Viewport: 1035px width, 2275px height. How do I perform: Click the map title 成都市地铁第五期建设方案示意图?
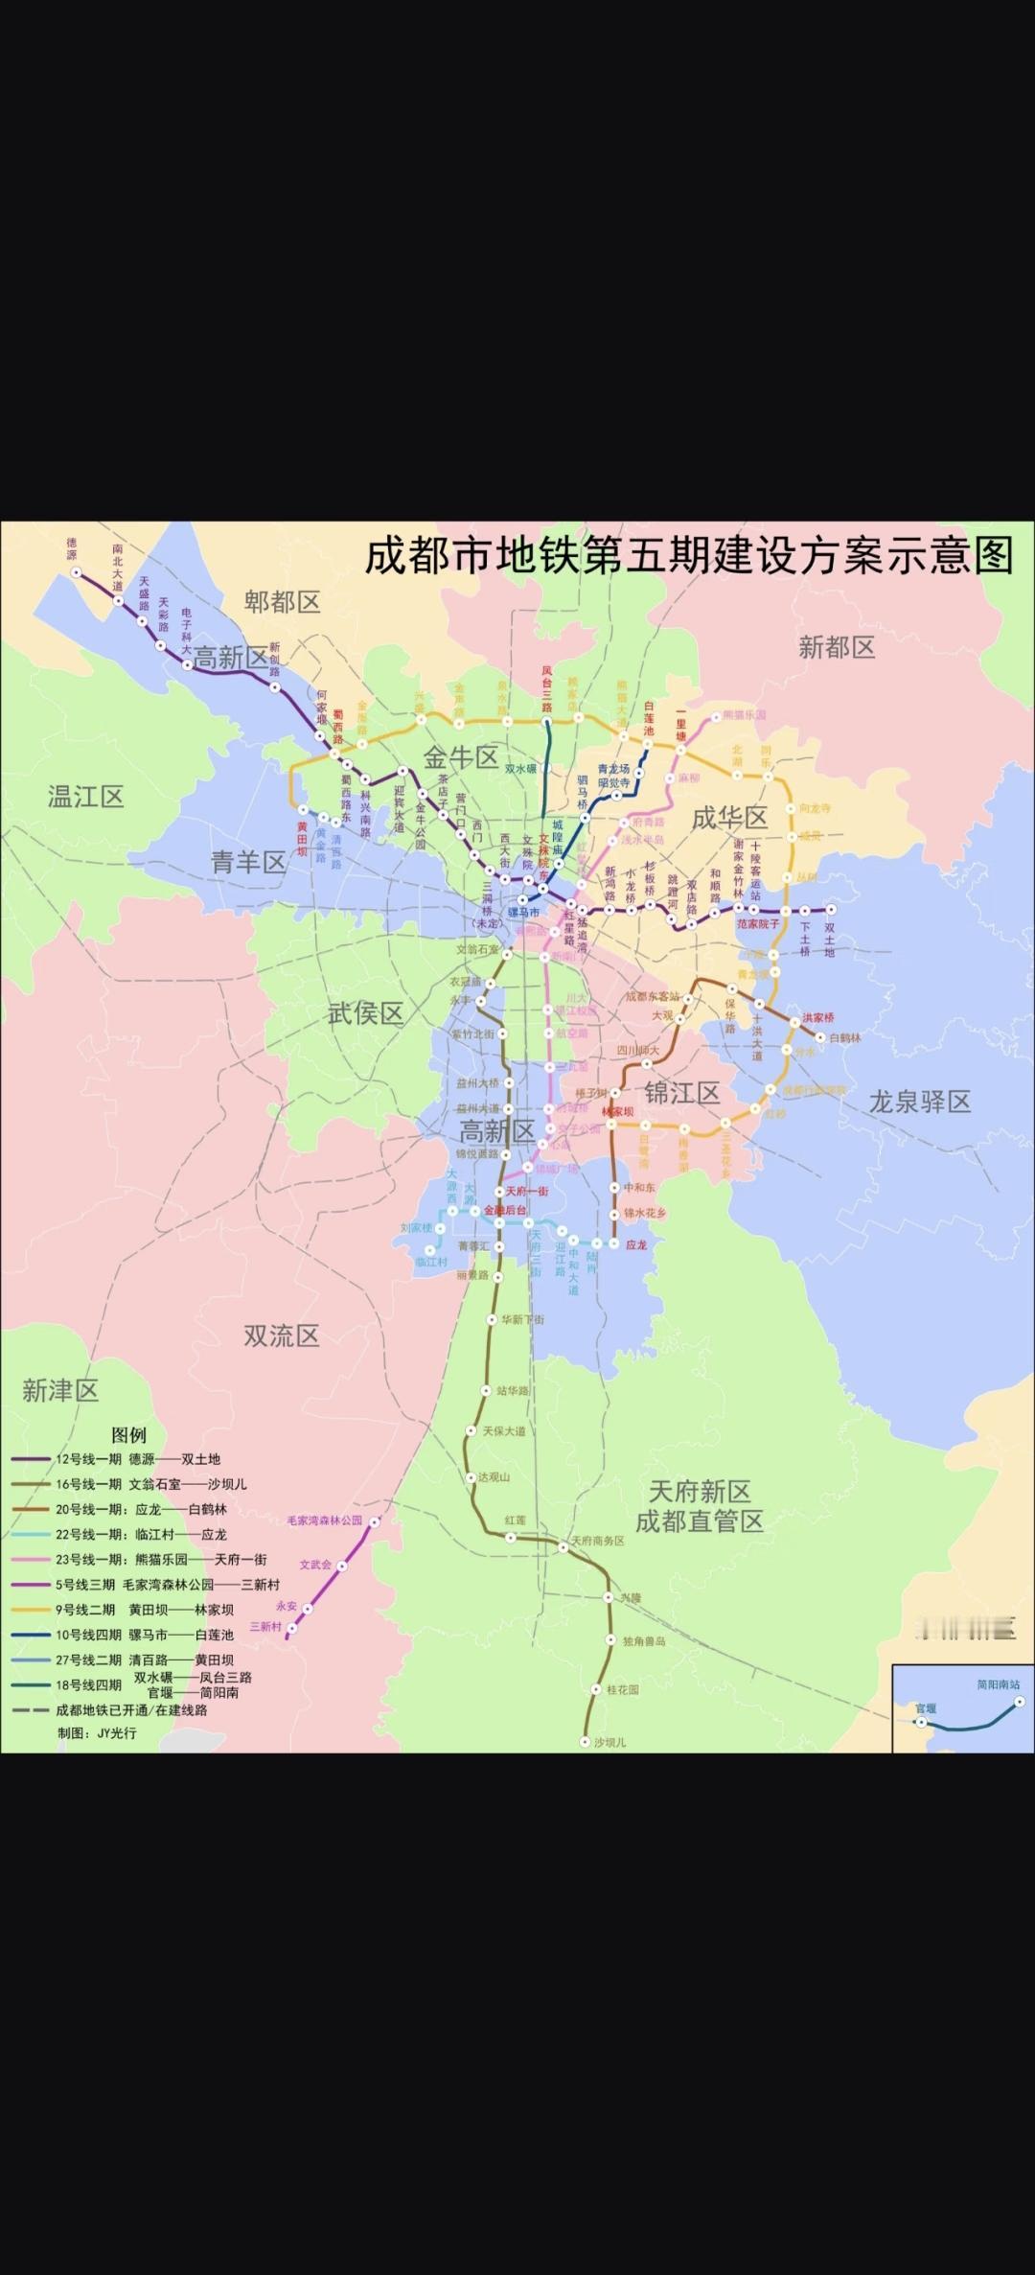pyautogui.click(x=688, y=556)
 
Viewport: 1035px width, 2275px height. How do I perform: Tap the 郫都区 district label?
pyautogui.click(x=282, y=602)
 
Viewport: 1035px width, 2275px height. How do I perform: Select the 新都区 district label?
pyautogui.click(x=837, y=647)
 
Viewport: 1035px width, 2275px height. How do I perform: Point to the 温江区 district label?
pyautogui.click(x=85, y=796)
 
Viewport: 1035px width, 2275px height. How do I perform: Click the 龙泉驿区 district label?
pyautogui.click(x=919, y=1101)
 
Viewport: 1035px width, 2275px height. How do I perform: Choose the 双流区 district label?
pyautogui.click(x=281, y=1335)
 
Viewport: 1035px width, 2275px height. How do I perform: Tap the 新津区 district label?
pyautogui.click(x=60, y=1390)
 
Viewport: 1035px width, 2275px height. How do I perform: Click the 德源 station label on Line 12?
pyautogui.click(x=71, y=549)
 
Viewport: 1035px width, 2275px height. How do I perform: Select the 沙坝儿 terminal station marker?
pyautogui.click(x=585, y=1742)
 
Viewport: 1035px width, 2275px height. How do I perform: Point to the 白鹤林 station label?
pyautogui.click(x=845, y=1037)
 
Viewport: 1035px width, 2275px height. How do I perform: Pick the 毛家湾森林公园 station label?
pyautogui.click(x=325, y=1521)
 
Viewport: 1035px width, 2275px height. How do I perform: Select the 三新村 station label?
pyautogui.click(x=265, y=1626)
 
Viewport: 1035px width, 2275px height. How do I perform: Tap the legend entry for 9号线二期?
pyautogui.click(x=144, y=1610)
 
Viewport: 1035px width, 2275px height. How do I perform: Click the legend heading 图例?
pyautogui.click(x=128, y=1435)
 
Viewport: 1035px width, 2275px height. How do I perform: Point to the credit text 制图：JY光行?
pyautogui.click(x=97, y=1732)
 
